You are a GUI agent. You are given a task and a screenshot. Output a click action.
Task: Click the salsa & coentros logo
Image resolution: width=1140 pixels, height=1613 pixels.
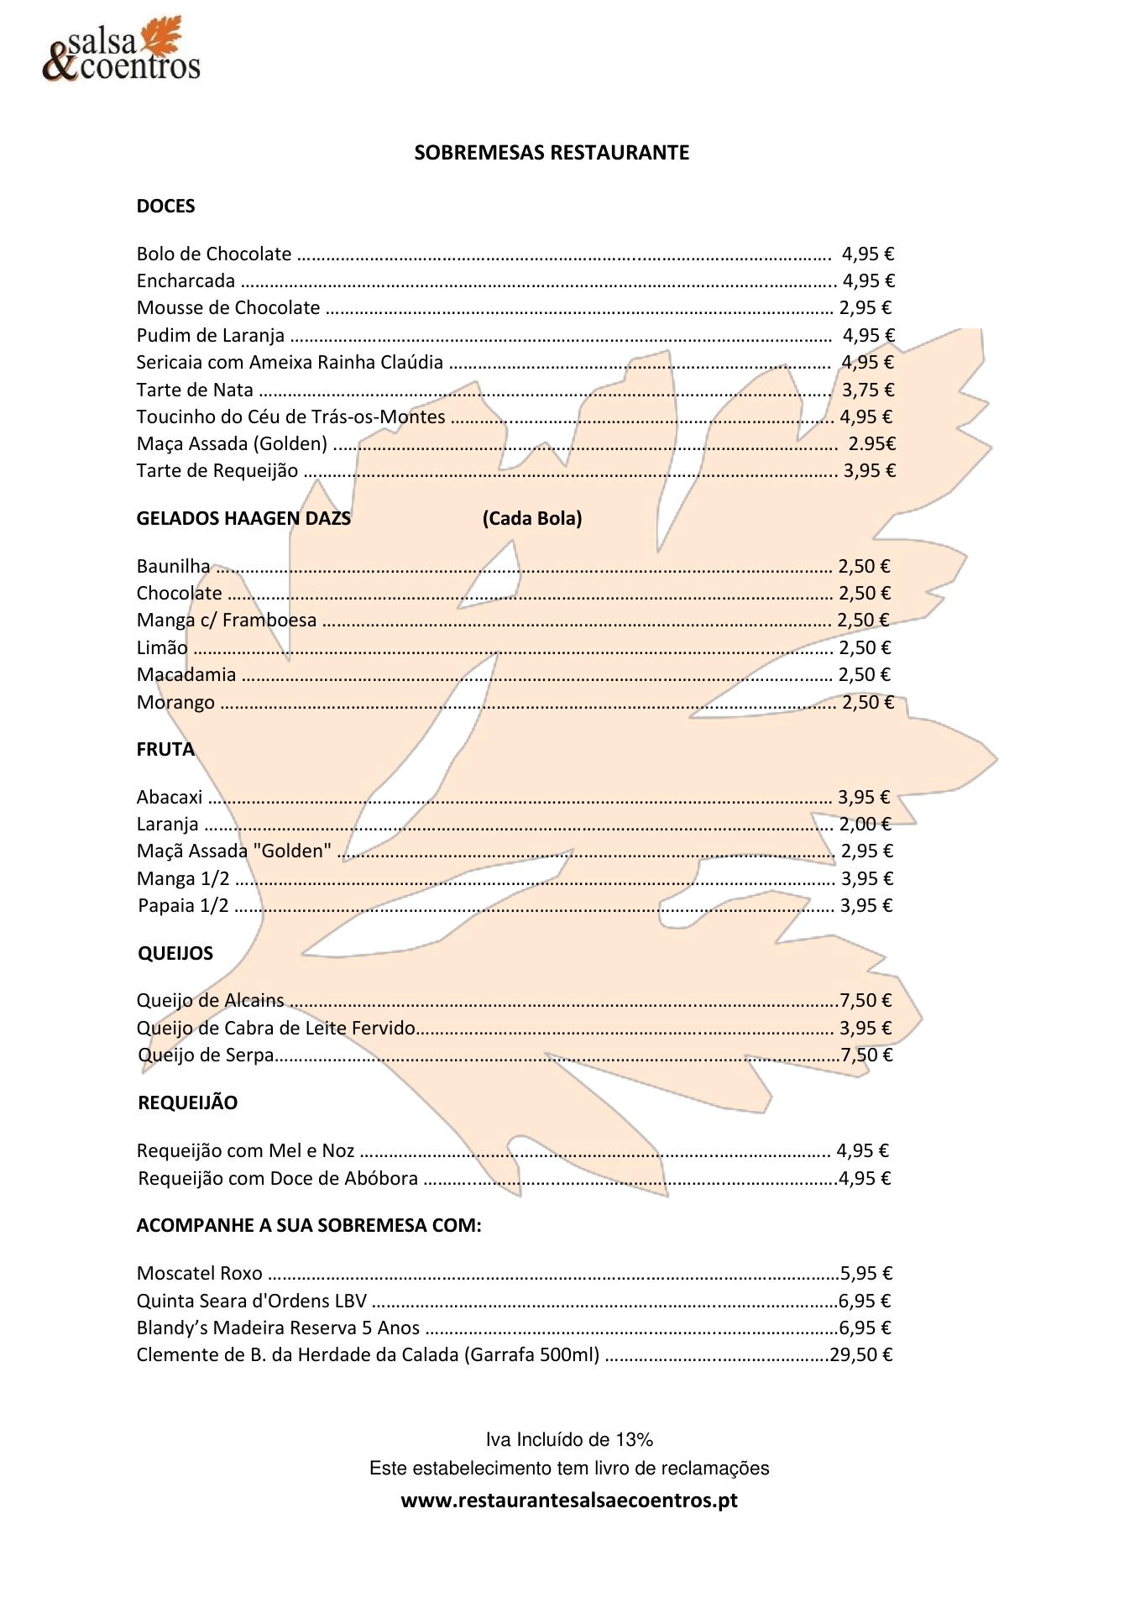click(x=122, y=50)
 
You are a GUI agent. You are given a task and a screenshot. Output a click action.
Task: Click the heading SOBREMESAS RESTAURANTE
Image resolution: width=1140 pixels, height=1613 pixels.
click(x=552, y=153)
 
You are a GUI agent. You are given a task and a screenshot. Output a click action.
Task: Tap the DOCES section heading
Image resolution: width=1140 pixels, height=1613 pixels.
click(x=165, y=207)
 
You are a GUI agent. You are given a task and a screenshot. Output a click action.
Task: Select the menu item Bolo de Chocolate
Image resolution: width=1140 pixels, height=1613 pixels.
click(x=214, y=254)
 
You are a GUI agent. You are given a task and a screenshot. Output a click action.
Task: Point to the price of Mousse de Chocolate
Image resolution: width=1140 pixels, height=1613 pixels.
click(x=865, y=308)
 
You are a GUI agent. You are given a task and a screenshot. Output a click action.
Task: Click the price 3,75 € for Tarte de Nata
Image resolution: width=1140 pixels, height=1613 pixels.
click(x=868, y=390)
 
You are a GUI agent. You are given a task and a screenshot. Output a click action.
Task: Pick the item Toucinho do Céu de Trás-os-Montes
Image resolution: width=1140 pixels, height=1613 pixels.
click(x=290, y=417)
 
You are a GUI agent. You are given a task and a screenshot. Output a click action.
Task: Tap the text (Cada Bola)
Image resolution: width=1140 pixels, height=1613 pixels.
click(x=532, y=519)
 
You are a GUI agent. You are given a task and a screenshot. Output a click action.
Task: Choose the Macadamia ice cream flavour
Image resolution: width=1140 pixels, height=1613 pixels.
click(x=186, y=675)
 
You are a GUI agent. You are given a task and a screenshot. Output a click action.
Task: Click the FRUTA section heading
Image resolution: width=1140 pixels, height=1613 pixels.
click(x=165, y=750)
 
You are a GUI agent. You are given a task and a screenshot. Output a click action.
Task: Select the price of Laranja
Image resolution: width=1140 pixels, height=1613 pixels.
click(x=865, y=825)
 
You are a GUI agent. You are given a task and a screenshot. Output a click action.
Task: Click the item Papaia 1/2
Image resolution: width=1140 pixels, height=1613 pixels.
click(x=183, y=906)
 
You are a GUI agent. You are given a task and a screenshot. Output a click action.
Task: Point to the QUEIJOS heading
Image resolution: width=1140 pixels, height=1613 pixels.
click(x=175, y=954)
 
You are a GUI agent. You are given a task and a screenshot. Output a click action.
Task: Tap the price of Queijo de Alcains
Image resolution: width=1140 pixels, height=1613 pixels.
click(x=865, y=1001)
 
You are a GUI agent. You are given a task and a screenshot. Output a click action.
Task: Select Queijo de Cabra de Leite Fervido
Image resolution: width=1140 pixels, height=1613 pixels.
click(x=276, y=1029)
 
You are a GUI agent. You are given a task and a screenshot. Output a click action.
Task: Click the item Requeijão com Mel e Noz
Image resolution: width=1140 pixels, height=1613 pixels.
click(x=245, y=1151)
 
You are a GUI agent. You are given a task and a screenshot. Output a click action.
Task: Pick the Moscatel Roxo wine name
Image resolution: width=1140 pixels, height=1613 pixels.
click(x=199, y=1274)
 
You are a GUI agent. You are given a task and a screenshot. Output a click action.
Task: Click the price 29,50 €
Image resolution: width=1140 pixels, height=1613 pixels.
click(x=861, y=1355)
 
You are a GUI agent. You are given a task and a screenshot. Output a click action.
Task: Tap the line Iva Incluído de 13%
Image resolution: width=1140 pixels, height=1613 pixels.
click(x=569, y=1440)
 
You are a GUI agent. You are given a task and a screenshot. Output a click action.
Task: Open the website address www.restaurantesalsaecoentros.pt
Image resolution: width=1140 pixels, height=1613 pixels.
click(x=569, y=1500)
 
